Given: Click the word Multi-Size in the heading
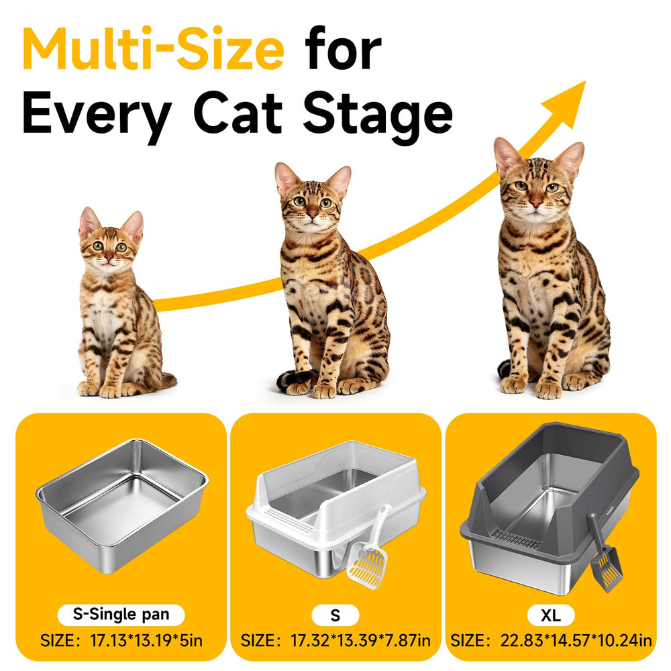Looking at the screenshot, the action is [153, 49].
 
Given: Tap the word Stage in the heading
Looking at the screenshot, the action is [378, 113].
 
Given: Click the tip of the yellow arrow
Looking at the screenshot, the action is [585, 81].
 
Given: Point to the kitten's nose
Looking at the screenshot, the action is [109, 258].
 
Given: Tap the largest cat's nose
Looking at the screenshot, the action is [535, 203].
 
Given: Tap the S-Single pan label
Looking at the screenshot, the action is [121, 615].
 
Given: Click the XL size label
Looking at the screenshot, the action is [550, 615].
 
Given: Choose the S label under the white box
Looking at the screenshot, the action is [335, 615].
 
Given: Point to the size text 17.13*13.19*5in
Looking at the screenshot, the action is [146, 641].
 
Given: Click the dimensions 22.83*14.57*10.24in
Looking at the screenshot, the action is [576, 641].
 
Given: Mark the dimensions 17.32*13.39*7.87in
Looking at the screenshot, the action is [360, 641].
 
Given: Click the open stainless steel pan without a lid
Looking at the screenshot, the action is [122, 505].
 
